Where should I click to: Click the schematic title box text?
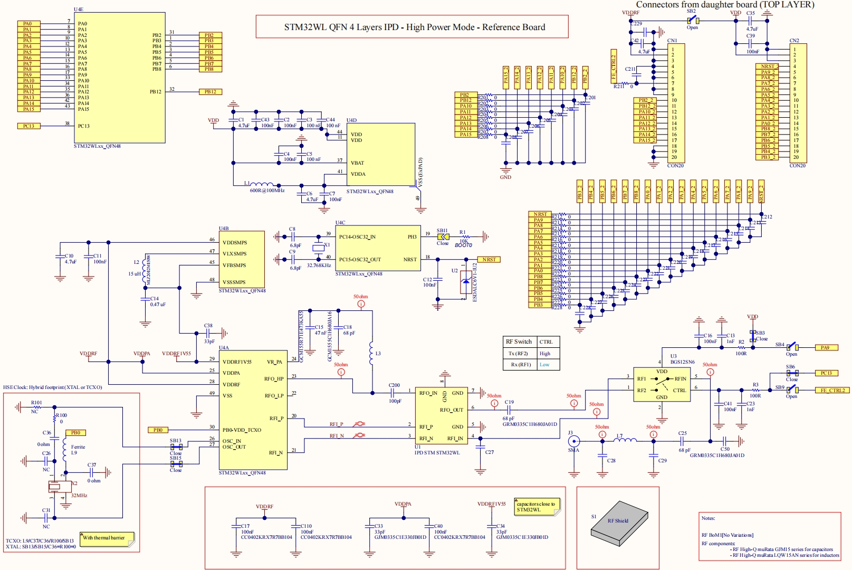415,27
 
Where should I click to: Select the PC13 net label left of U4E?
28,126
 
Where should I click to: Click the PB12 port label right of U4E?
210,92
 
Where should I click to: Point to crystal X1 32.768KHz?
318,248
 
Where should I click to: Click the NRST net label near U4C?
489,260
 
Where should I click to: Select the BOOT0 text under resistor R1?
463,245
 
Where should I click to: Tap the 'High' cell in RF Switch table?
545,354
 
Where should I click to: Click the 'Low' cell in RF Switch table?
544,365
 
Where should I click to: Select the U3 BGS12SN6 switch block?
662,385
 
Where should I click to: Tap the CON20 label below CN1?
675,166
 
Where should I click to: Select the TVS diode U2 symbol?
465,285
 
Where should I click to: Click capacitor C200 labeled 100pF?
394,393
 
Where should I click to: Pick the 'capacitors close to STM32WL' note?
536,507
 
